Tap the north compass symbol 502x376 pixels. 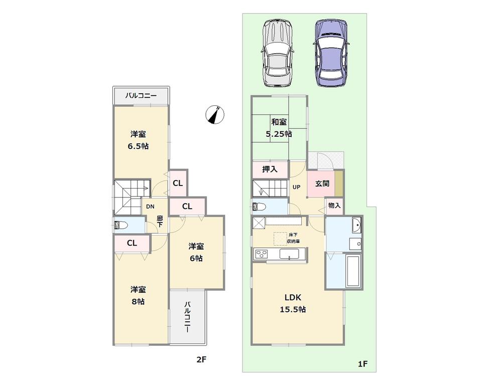[215, 115]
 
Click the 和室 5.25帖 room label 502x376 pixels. [279, 128]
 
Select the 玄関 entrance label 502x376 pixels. [322, 184]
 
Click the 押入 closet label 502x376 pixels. [270, 170]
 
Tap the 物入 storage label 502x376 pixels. [334, 206]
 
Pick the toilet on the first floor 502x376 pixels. [260, 206]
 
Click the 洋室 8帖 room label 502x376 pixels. [138, 296]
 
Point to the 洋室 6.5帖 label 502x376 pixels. [139, 140]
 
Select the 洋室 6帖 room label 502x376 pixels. [196, 252]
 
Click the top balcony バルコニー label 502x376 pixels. [141, 95]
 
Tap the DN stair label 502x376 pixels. [150, 206]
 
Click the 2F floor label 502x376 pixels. [201, 359]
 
